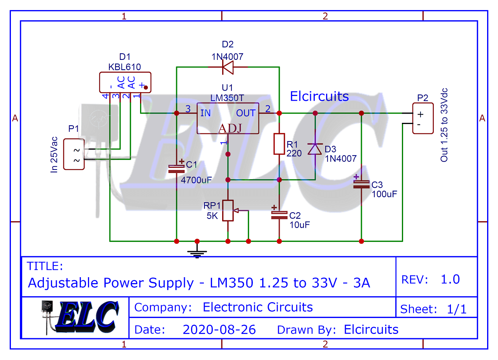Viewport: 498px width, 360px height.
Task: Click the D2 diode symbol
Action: click(x=228, y=67)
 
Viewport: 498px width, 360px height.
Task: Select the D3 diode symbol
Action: click(x=315, y=149)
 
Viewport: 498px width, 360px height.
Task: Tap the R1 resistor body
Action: click(x=279, y=143)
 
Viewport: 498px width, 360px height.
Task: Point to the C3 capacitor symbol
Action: click(x=361, y=183)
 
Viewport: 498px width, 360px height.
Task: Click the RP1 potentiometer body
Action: click(x=228, y=211)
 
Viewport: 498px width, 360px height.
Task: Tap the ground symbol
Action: click(x=197, y=253)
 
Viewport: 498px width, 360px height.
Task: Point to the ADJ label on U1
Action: click(x=230, y=128)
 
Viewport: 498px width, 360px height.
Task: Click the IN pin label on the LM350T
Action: click(x=205, y=113)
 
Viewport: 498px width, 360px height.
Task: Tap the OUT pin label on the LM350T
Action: click(x=246, y=113)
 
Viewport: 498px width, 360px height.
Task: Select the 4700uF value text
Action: click(x=196, y=180)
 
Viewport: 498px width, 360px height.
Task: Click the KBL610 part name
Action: click(x=124, y=67)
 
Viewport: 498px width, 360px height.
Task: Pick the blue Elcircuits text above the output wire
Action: click(x=319, y=96)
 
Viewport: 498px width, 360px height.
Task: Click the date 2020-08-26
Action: click(x=219, y=330)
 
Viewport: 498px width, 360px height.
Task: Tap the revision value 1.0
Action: click(x=450, y=279)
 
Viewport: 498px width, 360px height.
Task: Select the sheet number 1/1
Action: click(x=456, y=309)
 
